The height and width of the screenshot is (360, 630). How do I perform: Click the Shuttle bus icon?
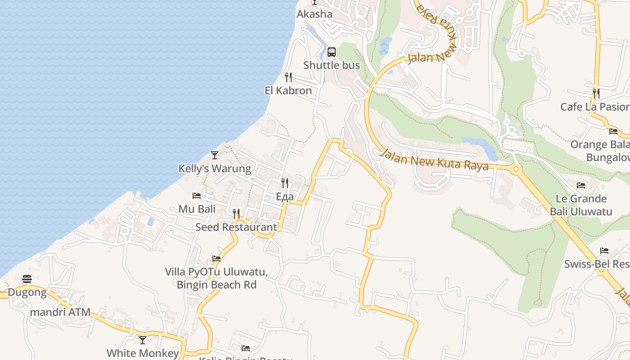332,52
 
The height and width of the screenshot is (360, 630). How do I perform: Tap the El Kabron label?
288,90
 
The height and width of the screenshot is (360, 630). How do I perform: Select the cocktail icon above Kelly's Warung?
215,155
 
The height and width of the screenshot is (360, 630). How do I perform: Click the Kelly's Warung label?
215,169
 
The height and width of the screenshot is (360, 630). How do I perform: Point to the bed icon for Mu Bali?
197,196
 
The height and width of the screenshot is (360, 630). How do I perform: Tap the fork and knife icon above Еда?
284,183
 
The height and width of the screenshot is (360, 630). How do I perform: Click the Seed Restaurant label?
236,227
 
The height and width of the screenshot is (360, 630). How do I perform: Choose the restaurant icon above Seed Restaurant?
236,213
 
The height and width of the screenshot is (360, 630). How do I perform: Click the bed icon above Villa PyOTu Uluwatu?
216,259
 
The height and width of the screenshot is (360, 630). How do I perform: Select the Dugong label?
27,293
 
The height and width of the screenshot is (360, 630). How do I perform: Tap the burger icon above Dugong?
27,279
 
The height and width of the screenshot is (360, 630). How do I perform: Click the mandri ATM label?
60,312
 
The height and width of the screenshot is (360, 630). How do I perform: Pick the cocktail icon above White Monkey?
143,340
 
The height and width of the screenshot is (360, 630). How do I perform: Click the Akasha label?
315,14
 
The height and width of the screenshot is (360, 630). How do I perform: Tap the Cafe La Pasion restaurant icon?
596,93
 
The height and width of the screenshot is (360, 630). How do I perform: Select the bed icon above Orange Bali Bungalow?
613,131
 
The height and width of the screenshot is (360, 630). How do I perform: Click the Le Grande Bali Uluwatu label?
581,205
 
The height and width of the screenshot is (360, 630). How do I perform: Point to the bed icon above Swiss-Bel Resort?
604,251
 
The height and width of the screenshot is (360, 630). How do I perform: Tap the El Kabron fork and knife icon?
288,77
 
